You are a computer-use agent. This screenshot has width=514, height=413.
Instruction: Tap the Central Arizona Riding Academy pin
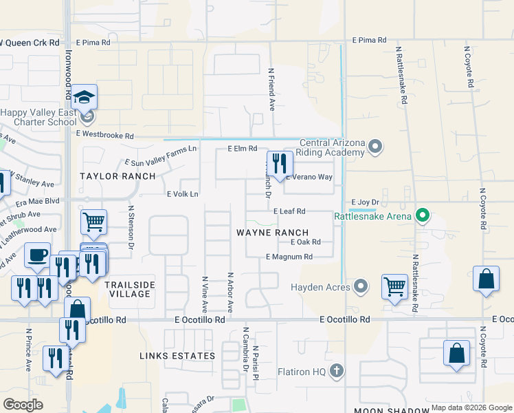coord(375,146)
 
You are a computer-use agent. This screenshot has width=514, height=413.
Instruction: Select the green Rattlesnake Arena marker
coord(423,216)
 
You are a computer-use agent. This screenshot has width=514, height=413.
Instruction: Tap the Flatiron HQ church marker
coord(336,372)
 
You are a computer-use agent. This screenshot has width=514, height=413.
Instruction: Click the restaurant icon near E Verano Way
coord(280,165)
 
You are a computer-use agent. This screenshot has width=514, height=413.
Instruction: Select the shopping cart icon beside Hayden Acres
coord(394,286)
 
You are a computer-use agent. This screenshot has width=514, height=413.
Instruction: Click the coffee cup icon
coord(38,255)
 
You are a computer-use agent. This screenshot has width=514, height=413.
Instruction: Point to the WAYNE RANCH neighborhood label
coord(273,233)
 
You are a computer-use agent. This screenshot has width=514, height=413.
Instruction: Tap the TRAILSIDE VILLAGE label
coord(130,289)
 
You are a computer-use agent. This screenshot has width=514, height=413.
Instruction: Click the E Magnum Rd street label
coord(289,257)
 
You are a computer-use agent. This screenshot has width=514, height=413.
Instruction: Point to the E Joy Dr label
coord(366,202)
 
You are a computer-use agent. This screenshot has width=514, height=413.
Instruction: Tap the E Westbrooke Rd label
coord(104,135)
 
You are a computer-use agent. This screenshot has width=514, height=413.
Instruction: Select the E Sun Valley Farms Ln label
coord(160,156)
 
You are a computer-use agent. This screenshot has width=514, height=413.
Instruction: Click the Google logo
coord(23,405)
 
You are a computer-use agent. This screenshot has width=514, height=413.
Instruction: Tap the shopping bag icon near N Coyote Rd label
coord(486,279)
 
